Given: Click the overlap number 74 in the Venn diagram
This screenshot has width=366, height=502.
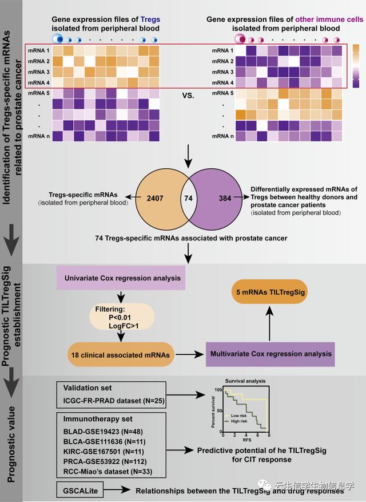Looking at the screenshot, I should [x=187, y=198].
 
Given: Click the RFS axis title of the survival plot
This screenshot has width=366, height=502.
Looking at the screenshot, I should [x=246, y=441].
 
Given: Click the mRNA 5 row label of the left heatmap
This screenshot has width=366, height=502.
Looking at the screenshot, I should [x=39, y=92].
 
